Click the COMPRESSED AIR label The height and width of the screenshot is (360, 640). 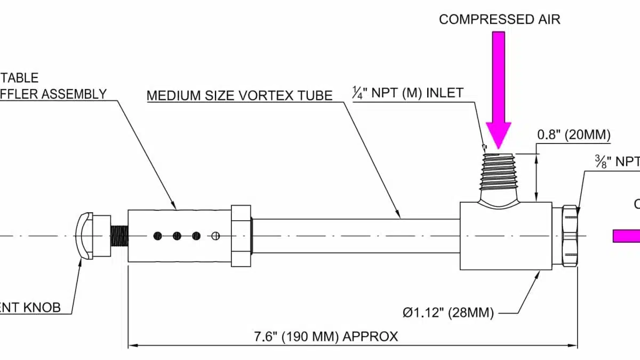(x=500, y=20)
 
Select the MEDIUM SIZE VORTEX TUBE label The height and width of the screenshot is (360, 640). (x=239, y=95)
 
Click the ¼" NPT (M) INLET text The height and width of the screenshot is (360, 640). (x=407, y=93)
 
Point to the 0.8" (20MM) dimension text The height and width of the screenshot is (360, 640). (x=573, y=135)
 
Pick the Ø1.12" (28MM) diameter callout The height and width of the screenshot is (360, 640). (x=448, y=312)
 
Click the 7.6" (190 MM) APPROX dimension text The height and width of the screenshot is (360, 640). (x=325, y=337)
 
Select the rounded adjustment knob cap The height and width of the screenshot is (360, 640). (x=85, y=236)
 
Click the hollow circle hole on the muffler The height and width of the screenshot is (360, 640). (x=216, y=236)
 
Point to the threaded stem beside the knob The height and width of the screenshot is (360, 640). (x=119, y=235)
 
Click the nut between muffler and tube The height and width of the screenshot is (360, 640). (x=241, y=235)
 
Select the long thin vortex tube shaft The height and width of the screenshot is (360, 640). (x=355, y=235)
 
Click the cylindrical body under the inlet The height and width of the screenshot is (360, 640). (x=506, y=235)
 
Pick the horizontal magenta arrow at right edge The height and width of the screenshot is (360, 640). (x=627, y=236)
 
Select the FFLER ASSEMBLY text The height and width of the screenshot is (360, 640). (x=53, y=94)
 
